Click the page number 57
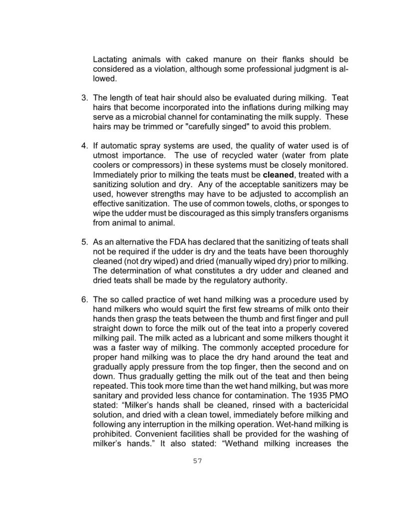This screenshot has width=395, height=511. [197, 461]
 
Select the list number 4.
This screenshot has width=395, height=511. [84, 145]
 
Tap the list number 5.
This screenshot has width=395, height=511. [84, 242]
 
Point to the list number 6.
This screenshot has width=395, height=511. [84, 299]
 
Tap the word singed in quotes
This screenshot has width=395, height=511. [230, 126]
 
